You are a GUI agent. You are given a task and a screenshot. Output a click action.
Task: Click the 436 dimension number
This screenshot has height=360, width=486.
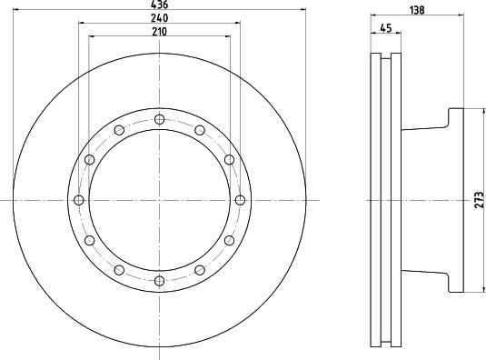[159, 5]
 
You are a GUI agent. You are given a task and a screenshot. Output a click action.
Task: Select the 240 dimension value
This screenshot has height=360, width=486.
[160, 18]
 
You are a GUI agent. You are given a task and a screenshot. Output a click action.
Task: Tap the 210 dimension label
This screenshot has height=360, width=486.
[159, 32]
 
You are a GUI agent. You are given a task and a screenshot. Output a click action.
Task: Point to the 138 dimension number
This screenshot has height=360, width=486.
[417, 10]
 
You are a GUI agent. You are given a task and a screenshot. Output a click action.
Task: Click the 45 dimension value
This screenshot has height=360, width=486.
[386, 28]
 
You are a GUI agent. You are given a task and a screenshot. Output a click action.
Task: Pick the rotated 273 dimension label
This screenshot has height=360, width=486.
[479, 200]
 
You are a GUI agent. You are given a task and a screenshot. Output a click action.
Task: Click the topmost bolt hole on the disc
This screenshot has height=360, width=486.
[159, 119]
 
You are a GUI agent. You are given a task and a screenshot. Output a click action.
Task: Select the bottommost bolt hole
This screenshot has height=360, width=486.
[159, 281]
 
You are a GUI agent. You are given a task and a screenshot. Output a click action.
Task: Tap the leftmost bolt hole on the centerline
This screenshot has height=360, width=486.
[79, 200]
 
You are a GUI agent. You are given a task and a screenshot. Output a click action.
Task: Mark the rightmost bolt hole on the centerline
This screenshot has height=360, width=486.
[240, 200]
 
